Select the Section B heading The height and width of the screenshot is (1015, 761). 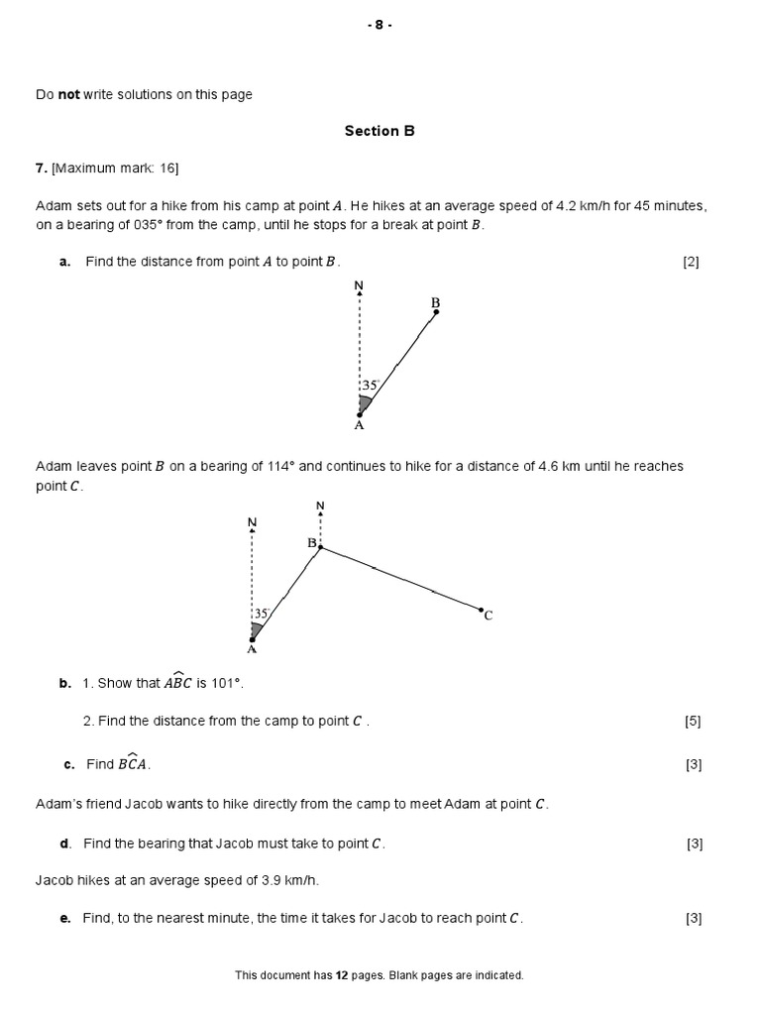(380, 131)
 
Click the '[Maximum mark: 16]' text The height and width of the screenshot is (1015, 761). (115, 169)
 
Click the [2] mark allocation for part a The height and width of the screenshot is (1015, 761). (691, 263)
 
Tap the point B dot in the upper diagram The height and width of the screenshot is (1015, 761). (436, 312)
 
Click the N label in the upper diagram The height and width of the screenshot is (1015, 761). (359, 285)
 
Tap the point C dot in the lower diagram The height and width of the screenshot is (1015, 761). (482, 610)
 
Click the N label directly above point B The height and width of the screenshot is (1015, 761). (320, 506)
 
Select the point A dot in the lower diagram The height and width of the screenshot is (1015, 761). (253, 639)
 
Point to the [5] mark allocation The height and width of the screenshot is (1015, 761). (693, 722)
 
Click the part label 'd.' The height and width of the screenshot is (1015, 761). (65, 844)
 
